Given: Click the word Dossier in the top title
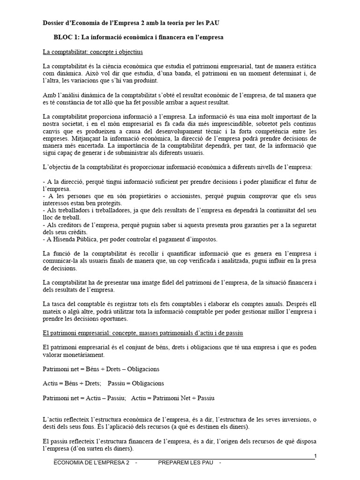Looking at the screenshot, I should [53, 22].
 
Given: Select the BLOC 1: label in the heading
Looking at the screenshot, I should [68, 37].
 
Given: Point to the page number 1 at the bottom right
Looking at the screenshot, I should [315, 456].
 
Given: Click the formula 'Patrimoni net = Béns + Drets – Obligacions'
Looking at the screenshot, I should [101, 369].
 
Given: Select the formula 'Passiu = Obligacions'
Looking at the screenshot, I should [135, 383].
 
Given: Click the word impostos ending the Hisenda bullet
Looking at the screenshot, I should [202, 240].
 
